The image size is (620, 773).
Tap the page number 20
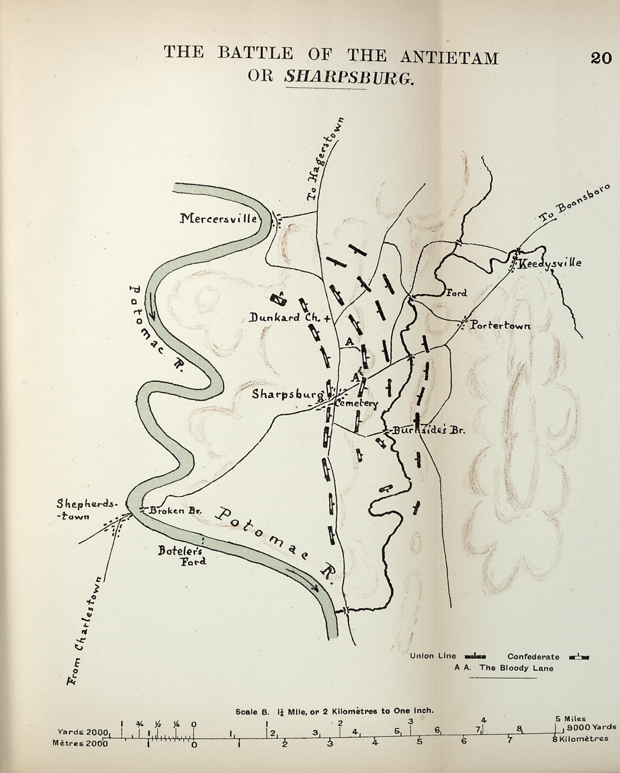[x=601, y=58]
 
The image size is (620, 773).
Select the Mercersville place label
[x=218, y=218]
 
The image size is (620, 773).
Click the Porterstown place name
[x=500, y=325]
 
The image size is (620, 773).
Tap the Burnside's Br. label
[x=428, y=430]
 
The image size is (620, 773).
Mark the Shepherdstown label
[x=87, y=509]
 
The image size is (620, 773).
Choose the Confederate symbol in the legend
[x=579, y=657]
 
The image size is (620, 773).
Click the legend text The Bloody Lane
[x=516, y=668]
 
